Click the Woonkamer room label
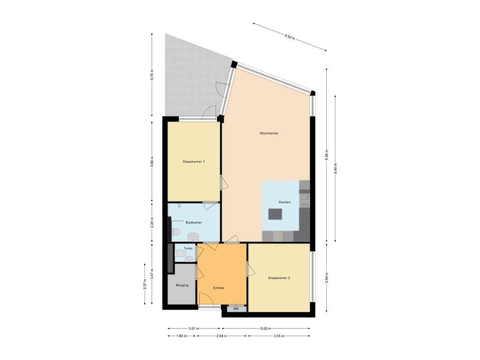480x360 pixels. pyautogui.click(x=269, y=133)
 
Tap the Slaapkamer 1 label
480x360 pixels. pyautogui.click(x=194, y=161)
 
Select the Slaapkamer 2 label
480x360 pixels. pyautogui.click(x=279, y=278)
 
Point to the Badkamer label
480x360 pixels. pyautogui.click(x=194, y=222)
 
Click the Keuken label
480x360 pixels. pyautogui.click(x=285, y=202)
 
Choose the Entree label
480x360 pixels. pyautogui.click(x=218, y=288)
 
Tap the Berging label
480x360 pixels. pyautogui.click(x=182, y=285)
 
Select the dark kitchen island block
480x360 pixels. pyautogui.click(x=276, y=214)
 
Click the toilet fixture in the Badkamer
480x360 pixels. pyautogui.click(x=177, y=232)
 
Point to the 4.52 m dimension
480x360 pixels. pyautogui.click(x=290, y=36)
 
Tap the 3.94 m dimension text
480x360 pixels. pyautogui.click(x=327, y=277)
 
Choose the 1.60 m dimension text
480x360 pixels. pyautogui.click(x=180, y=336)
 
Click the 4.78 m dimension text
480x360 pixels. pyautogui.click(x=152, y=75)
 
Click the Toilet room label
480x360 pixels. pyautogui.click(x=188, y=248)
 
